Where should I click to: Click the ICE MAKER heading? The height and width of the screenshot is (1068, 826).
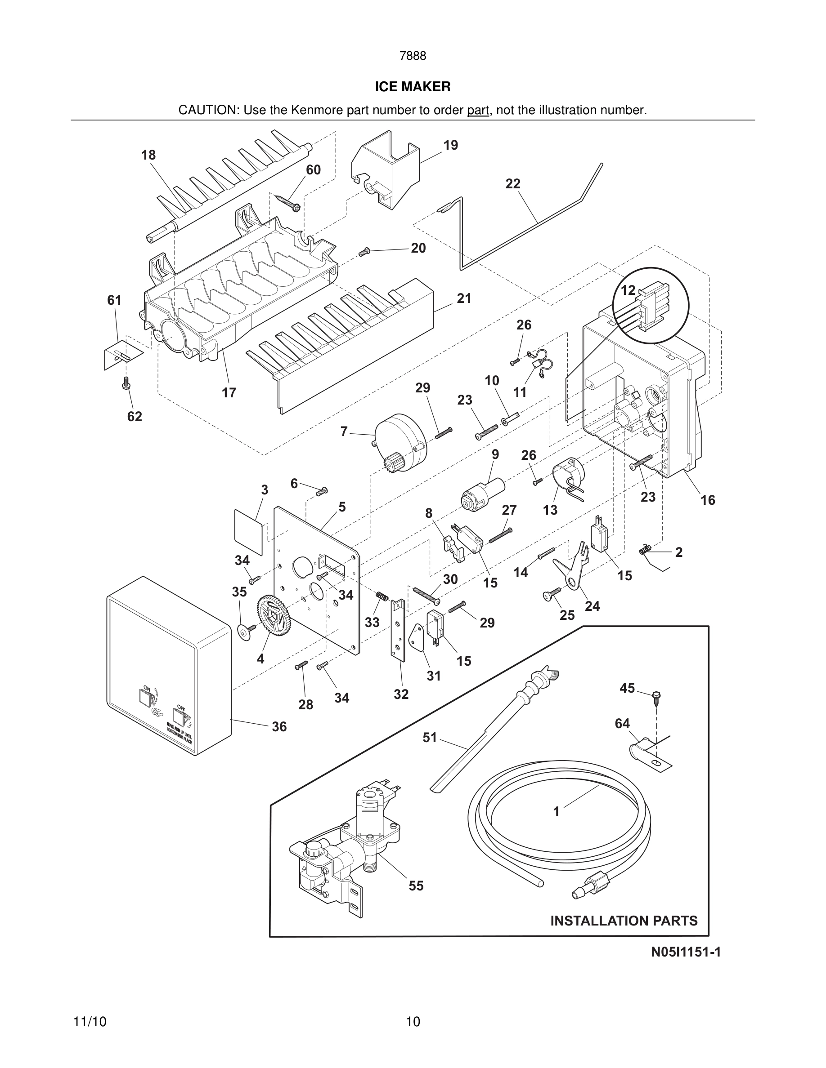pos(413,87)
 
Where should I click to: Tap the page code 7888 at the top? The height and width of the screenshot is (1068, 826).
pos(413,56)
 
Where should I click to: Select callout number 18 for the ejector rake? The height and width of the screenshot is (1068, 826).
pos(148,155)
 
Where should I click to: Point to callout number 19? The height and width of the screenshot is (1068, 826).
pos(451,145)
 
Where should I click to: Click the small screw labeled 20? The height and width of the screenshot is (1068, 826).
pos(364,251)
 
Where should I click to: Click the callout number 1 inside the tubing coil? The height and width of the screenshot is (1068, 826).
pos(556,812)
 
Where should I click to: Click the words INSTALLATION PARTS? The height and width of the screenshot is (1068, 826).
pos(624,921)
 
